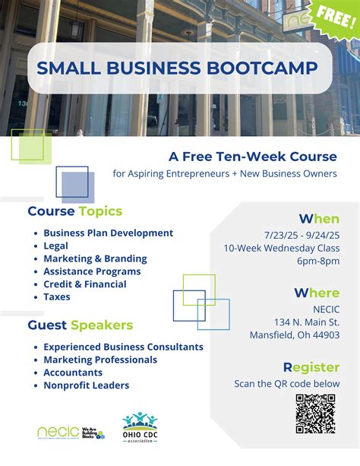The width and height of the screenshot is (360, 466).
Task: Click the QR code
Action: [315, 414]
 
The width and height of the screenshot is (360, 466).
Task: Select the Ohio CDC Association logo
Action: [140, 430]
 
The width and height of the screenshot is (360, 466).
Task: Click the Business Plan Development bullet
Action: [108, 233]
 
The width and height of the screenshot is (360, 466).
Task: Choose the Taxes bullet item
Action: [57, 297]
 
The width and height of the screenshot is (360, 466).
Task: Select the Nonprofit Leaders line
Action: [86, 385]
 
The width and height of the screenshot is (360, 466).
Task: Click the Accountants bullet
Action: [73, 372]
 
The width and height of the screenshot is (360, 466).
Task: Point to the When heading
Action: [319, 219]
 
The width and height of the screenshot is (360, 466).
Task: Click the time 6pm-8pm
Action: [318, 261]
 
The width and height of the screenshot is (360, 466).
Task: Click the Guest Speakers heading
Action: [81, 325]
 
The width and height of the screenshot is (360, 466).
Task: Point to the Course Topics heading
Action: [75, 211]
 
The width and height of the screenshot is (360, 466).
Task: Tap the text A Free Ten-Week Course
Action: [252, 157]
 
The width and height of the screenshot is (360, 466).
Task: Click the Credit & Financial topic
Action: [85, 284]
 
